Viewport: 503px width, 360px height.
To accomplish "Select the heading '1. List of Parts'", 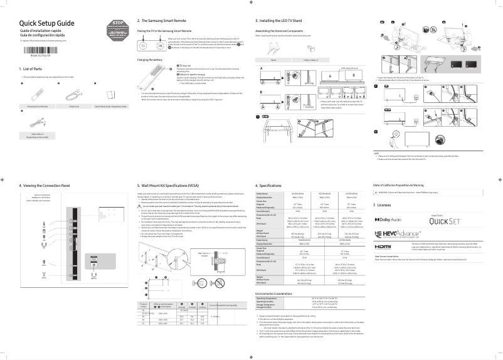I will (33, 68).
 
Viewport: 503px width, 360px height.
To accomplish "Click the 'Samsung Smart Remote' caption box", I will (36, 106).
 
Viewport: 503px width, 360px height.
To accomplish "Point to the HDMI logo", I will (383, 246).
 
